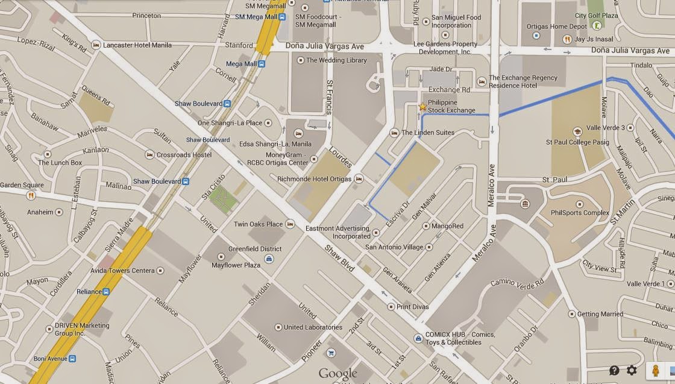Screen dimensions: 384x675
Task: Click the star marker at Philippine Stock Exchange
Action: pos(422,107)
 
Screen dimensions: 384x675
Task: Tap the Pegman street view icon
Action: pos(655,370)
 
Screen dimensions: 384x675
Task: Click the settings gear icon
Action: pos(632,370)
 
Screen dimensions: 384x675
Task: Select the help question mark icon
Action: pos(614,370)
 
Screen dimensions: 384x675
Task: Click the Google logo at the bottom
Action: pos(338,374)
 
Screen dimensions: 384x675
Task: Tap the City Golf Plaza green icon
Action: pos(596,25)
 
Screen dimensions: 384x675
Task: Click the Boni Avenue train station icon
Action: pos(72,359)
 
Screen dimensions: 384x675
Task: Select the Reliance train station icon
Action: pos(106,292)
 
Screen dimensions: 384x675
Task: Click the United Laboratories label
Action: pos(313,327)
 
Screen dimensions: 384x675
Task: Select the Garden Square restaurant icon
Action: pos(31,195)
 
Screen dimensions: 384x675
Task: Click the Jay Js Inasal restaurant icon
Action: pos(567,39)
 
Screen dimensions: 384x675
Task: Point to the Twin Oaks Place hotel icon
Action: pos(290,224)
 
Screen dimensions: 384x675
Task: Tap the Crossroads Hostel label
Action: pos(184,155)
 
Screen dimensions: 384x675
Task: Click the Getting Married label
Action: pos(600,314)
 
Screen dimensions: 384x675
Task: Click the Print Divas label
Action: pos(412,307)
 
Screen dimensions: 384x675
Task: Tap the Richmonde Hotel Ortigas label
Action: pos(315,179)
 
